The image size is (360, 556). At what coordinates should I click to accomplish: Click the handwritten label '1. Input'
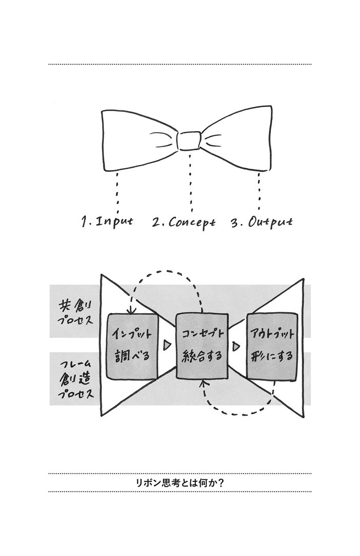click(x=107, y=222)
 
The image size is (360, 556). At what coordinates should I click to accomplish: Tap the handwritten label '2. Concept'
click(x=184, y=223)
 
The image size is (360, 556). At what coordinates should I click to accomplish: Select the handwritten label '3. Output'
click(x=262, y=222)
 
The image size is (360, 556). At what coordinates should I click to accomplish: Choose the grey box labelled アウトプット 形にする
click(x=272, y=347)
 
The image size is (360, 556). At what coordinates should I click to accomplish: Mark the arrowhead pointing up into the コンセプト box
click(x=203, y=383)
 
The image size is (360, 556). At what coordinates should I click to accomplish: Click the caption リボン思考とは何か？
click(x=180, y=482)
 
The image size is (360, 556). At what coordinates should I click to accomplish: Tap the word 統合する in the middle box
click(x=202, y=355)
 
